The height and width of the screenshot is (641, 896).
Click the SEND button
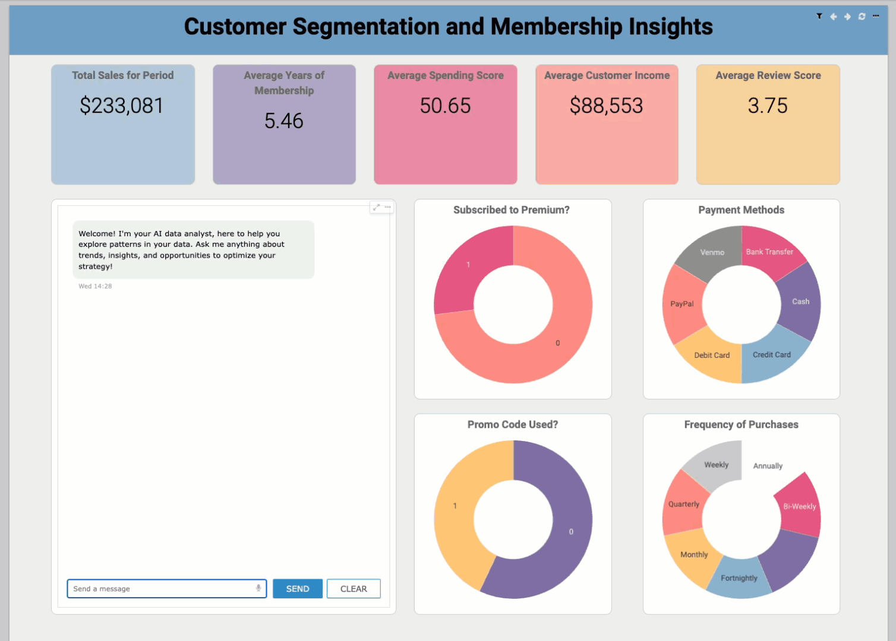point(297,588)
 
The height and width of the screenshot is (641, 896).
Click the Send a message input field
point(160,588)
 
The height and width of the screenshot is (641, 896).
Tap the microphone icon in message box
point(258,588)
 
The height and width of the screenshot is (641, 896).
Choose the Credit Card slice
point(772,355)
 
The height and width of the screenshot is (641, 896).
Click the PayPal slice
point(682,304)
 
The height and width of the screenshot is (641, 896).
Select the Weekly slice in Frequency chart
point(716,465)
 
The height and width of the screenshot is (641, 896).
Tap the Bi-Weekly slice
point(800,506)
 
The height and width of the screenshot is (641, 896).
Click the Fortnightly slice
point(739,578)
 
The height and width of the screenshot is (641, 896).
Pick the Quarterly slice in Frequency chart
point(683,504)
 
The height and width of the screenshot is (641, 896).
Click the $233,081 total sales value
point(122,106)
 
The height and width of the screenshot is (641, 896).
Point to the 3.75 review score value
point(767,106)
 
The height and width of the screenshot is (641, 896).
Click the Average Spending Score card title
point(445,75)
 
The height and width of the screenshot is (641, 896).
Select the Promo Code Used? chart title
point(512,424)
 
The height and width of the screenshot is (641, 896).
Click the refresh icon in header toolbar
point(862,17)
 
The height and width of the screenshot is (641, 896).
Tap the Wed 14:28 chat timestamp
point(95,286)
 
